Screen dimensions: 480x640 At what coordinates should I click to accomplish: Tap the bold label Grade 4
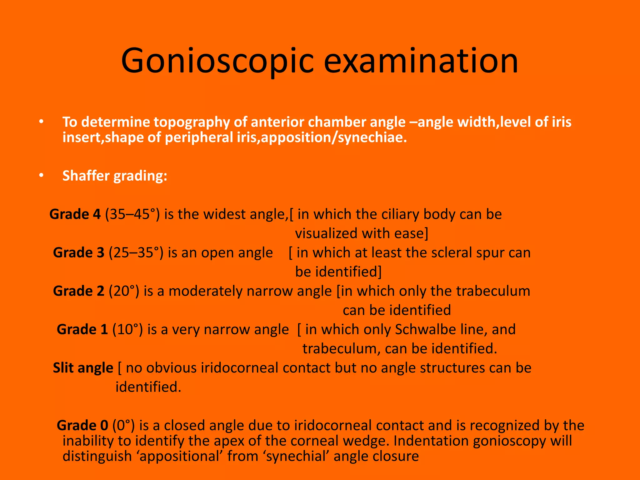coord(75,214)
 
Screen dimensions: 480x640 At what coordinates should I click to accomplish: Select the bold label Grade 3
coord(78,253)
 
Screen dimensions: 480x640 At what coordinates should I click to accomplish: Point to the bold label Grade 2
coord(78,291)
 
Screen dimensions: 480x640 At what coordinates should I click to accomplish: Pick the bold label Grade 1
coord(82,330)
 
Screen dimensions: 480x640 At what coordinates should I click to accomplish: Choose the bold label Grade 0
coord(82,426)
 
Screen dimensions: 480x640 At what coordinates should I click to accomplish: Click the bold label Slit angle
coord(83,368)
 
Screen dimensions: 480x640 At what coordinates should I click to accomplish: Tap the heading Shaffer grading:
coord(115,176)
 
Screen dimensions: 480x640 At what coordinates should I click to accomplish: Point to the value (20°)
coord(124,291)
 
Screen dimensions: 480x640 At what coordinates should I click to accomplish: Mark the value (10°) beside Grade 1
coord(127,330)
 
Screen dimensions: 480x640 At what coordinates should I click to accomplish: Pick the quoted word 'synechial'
coord(297,456)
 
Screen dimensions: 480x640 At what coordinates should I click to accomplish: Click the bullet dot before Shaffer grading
coord(41,176)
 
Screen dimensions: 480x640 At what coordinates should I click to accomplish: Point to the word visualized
coord(326,234)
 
